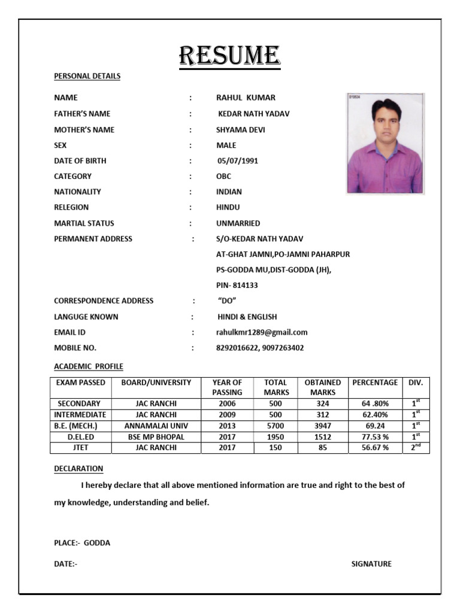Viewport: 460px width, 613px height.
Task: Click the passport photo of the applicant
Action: (x=385, y=144)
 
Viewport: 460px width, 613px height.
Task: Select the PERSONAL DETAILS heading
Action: (x=87, y=76)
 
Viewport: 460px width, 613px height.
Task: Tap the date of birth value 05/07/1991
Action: (x=238, y=160)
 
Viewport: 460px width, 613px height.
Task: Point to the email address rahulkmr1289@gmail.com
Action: (x=262, y=332)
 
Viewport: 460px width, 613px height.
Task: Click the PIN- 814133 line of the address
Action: (x=237, y=286)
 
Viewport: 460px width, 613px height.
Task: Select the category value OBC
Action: (x=223, y=176)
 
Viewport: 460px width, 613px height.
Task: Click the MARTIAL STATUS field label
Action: (x=84, y=223)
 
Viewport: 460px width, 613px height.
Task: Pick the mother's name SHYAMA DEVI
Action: (x=240, y=129)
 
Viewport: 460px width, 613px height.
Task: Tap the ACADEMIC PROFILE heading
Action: (x=89, y=366)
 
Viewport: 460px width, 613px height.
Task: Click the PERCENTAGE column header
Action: (x=374, y=383)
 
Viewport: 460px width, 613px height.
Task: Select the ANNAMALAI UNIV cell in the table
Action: (x=156, y=426)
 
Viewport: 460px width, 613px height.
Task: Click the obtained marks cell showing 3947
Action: (x=323, y=426)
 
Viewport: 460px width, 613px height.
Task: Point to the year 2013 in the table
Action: (x=227, y=426)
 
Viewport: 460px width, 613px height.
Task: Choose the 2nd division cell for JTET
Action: (x=416, y=447)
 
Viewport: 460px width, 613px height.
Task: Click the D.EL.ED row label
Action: (x=80, y=436)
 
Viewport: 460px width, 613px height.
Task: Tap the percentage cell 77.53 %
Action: (x=374, y=436)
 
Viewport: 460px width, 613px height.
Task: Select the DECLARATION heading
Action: (x=78, y=468)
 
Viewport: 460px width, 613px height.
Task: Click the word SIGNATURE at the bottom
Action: (x=371, y=564)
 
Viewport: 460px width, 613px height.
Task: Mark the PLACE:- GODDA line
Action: (x=82, y=543)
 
